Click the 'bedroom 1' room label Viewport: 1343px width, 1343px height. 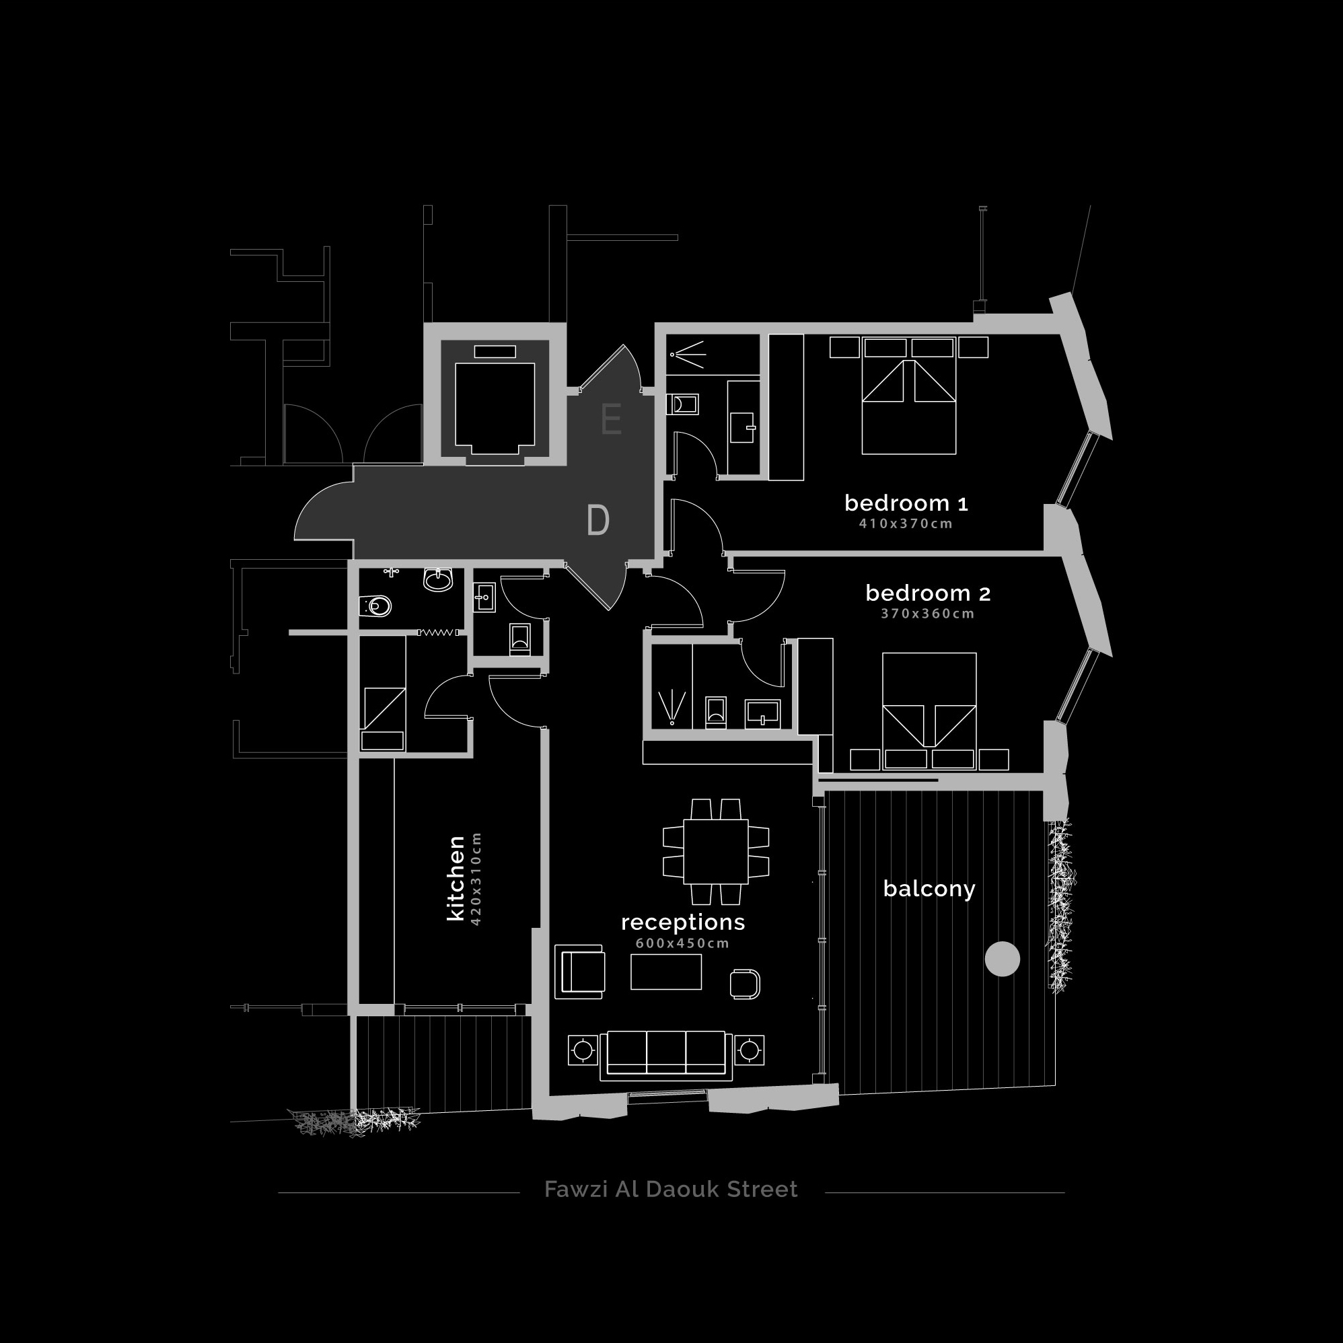pyautogui.click(x=906, y=503)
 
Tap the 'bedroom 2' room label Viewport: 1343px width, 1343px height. pyautogui.click(x=928, y=593)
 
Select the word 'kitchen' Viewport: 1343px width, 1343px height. pyautogui.click(x=456, y=879)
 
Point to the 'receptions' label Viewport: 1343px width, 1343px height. pyautogui.click(x=683, y=922)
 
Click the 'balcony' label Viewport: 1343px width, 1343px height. pyautogui.click(x=929, y=888)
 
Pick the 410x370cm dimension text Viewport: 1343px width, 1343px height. pyautogui.click(x=906, y=523)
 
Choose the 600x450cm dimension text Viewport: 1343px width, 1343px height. pyautogui.click(x=683, y=943)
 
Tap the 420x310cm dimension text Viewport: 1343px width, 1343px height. pyautogui.click(x=476, y=879)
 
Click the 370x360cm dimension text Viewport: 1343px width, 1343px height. pyautogui.click(x=928, y=614)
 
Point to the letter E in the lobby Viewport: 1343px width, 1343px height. pyautogui.click(x=611, y=419)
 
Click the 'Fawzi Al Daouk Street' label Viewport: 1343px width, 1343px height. pyautogui.click(x=671, y=1190)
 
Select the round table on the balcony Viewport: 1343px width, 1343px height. pyautogui.click(x=1003, y=959)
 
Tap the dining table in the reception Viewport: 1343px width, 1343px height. pyautogui.click(x=715, y=852)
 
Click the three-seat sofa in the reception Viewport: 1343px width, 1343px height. pyautogui.click(x=666, y=1055)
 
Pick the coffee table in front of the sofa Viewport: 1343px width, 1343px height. pyautogui.click(x=666, y=971)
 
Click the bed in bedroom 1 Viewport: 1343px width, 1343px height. pyautogui.click(x=908, y=396)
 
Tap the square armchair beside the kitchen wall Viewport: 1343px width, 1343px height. pyautogui.click(x=580, y=972)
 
